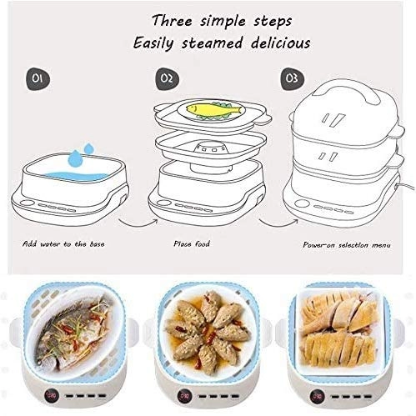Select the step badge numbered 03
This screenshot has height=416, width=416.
click(x=291, y=78)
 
